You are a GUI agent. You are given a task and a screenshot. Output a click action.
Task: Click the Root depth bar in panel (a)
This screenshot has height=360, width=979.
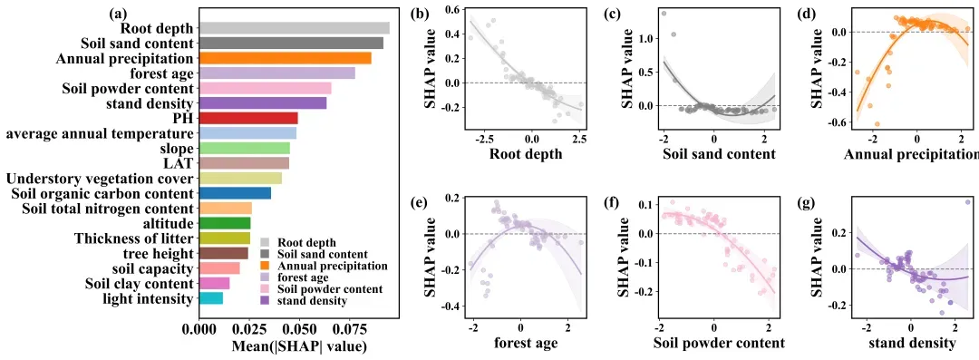coord(294,28)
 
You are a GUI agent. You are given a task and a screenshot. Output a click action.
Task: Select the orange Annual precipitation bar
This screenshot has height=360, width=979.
coord(286,58)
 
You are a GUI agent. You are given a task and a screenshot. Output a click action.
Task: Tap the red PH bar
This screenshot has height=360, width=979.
coord(248,118)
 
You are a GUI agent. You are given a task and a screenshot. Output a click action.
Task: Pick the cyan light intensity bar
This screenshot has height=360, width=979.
coord(211,298)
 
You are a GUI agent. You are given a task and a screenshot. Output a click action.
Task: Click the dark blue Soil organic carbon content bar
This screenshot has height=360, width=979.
coord(235,193)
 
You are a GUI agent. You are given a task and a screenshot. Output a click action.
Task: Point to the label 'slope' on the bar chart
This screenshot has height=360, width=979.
coord(178,149)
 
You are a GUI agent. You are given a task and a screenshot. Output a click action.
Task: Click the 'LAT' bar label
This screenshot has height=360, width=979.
coord(180,164)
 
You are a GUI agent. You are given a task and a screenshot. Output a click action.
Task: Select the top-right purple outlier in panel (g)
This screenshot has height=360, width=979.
coord(968,202)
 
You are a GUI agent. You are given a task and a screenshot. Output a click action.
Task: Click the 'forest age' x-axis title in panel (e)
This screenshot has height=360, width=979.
coord(520,343)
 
